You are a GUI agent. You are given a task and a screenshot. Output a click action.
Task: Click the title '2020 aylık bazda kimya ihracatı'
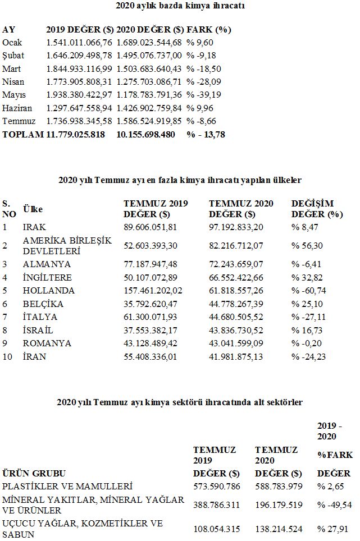click(180, 6)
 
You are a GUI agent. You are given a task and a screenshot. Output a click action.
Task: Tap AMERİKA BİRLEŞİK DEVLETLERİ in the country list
click(67, 245)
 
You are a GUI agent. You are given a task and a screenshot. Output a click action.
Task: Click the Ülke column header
click(33, 209)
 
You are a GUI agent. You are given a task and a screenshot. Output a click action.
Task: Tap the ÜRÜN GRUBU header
click(34, 473)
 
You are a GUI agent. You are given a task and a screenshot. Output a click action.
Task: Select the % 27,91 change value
click(331, 528)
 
